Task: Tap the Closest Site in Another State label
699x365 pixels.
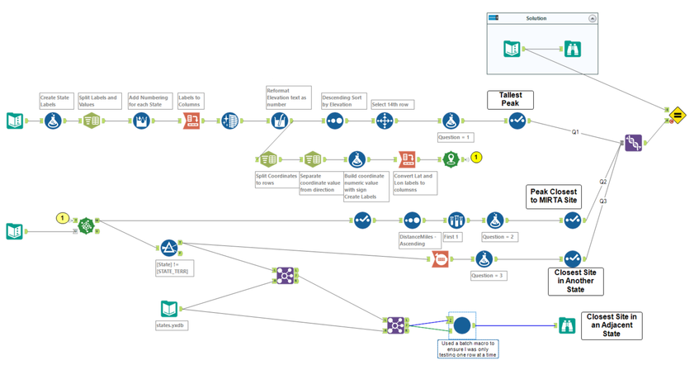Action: click(576, 281)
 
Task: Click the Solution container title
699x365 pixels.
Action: click(536, 18)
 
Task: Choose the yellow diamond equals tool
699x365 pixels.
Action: click(677, 115)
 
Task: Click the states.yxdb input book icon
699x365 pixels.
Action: click(169, 309)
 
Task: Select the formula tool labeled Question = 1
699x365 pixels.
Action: click(450, 121)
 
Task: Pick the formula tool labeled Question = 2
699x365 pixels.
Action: click(495, 220)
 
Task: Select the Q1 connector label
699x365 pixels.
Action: click(575, 132)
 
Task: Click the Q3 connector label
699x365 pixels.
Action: click(603, 201)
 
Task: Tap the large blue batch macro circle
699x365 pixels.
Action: click(462, 325)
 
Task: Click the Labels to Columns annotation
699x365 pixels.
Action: click(191, 101)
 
